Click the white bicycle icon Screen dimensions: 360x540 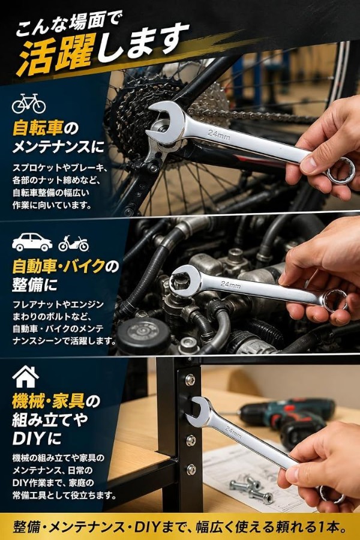(x=29, y=103)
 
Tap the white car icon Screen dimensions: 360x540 (x=32, y=242)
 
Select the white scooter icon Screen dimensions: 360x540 (x=73, y=244)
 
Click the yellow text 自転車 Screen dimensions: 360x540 (x=38, y=128)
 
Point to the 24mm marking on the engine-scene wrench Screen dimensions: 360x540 (x=231, y=284)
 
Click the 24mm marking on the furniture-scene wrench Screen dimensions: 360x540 (x=233, y=432)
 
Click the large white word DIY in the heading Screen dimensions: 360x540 (x=28, y=439)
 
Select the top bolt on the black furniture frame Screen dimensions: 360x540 (x=190, y=380)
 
